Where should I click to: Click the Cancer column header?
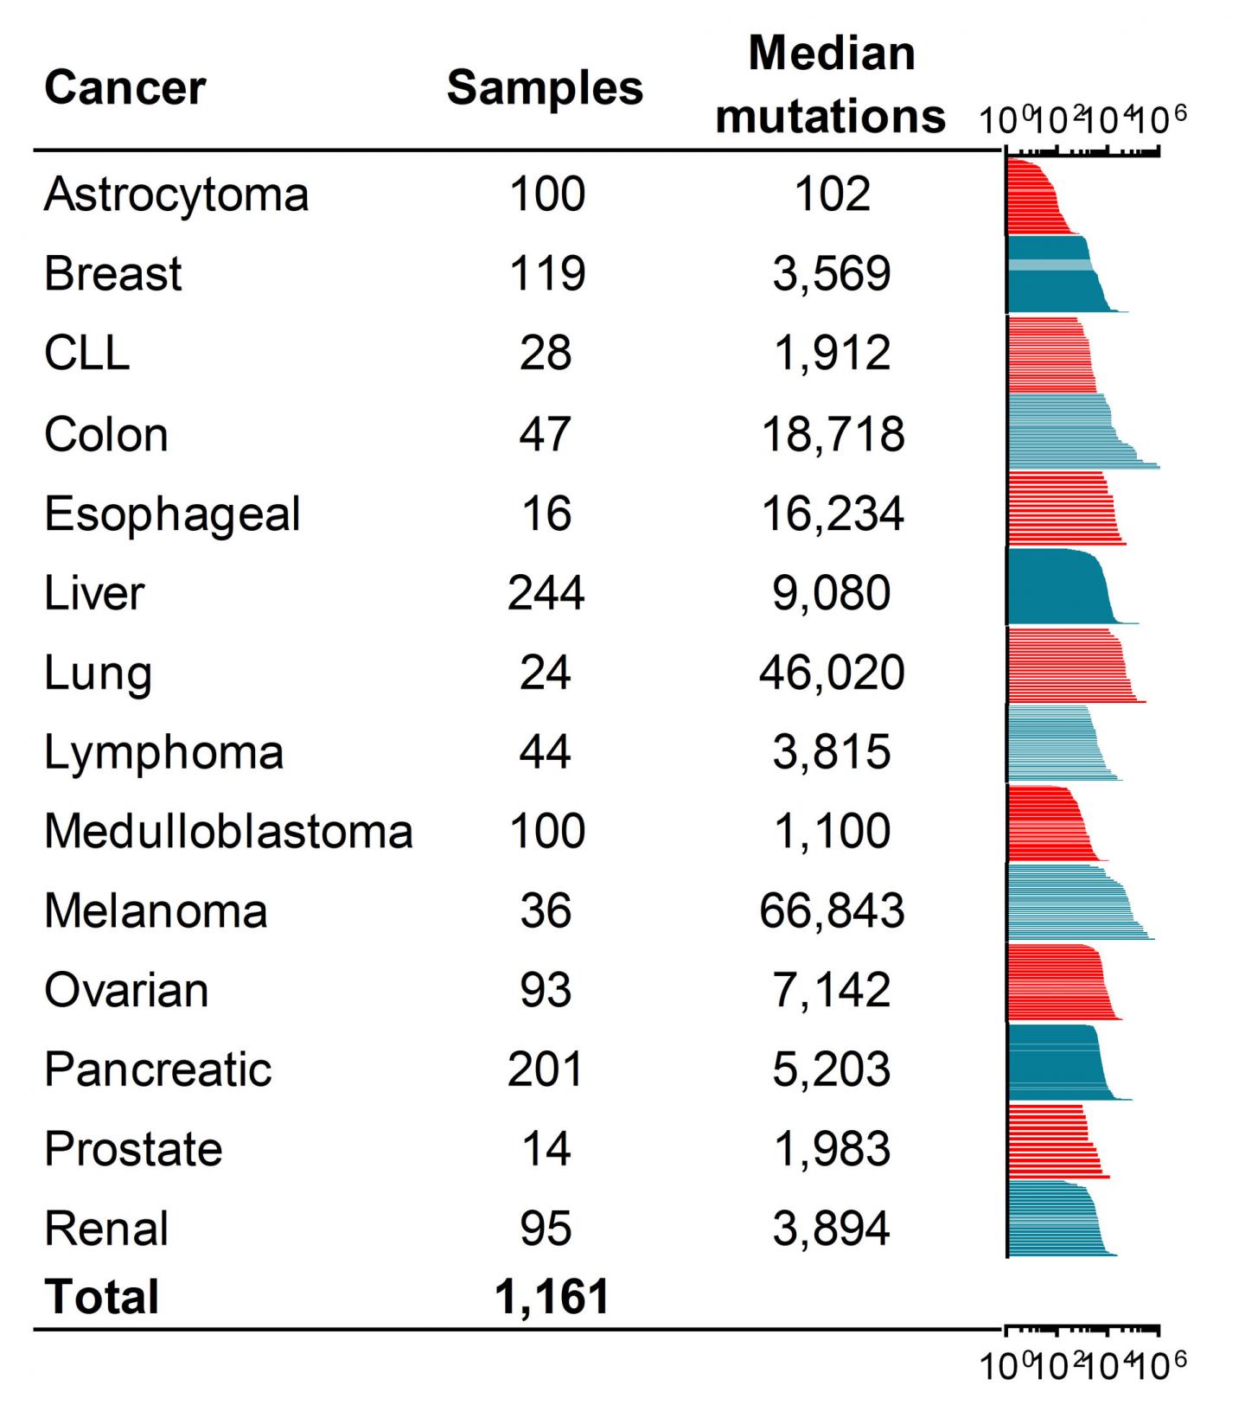[x=124, y=88]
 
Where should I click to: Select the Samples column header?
[x=545, y=88]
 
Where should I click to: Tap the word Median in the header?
[x=831, y=54]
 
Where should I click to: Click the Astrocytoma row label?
[x=176, y=195]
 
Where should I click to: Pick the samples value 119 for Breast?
[x=547, y=274]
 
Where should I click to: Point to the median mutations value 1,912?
[x=831, y=354]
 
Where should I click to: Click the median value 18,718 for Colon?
[x=833, y=434]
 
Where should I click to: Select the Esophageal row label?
[x=172, y=514]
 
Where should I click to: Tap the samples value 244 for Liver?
[x=546, y=593]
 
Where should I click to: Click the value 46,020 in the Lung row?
[x=832, y=673]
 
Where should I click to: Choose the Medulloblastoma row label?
[x=228, y=832]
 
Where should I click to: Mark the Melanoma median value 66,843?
[x=832, y=911]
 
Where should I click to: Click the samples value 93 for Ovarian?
[x=546, y=990]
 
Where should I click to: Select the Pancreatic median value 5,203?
[x=831, y=1069]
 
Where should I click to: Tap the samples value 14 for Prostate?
[x=546, y=1149]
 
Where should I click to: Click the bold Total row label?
[x=101, y=1297]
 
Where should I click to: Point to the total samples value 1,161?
[x=552, y=1297]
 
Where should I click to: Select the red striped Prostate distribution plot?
[x=1050, y=1141]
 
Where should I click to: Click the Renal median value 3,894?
[x=831, y=1229]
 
